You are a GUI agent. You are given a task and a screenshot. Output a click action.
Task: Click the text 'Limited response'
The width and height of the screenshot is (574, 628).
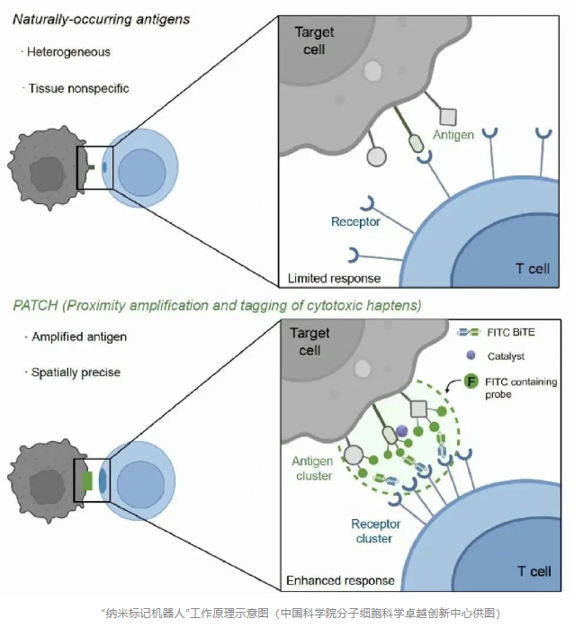[333, 278]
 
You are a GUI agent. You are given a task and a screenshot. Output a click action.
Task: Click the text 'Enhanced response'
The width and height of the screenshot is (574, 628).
[338, 580]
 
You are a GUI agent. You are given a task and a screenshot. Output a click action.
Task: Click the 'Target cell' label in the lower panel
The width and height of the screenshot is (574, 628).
[311, 342]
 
